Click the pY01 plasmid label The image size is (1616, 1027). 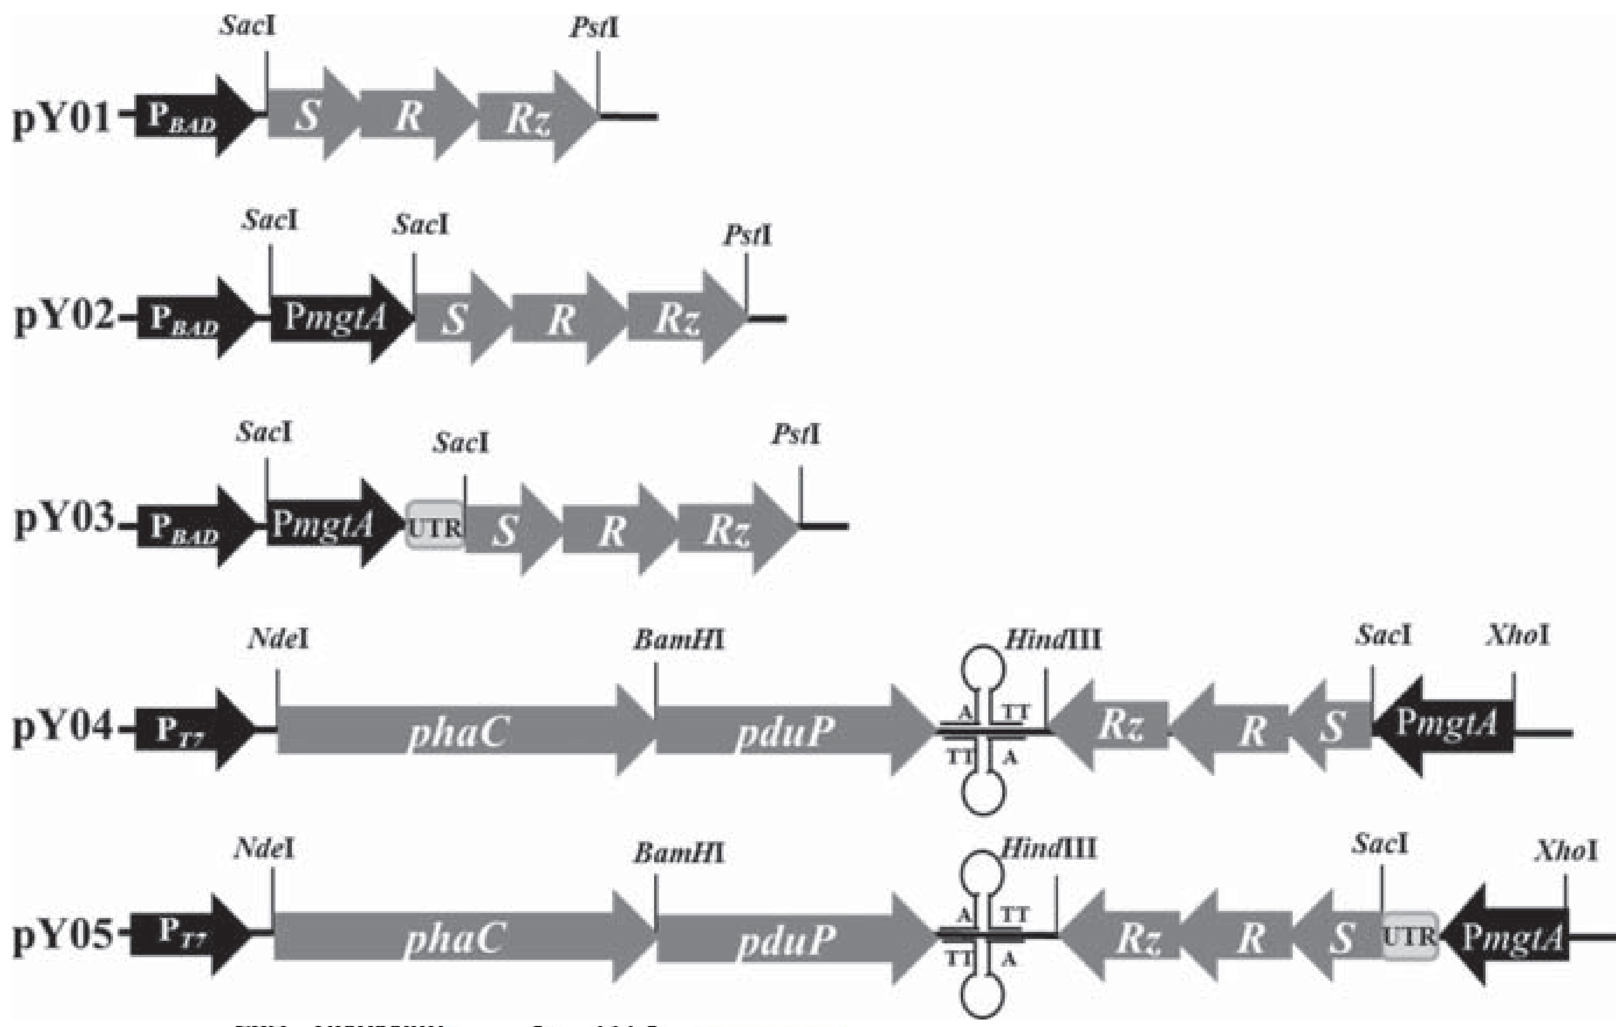coord(62,119)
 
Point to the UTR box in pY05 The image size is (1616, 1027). coord(1409,936)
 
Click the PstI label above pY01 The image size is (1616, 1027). coord(595,28)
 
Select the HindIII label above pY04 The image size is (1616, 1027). coord(1052,640)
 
